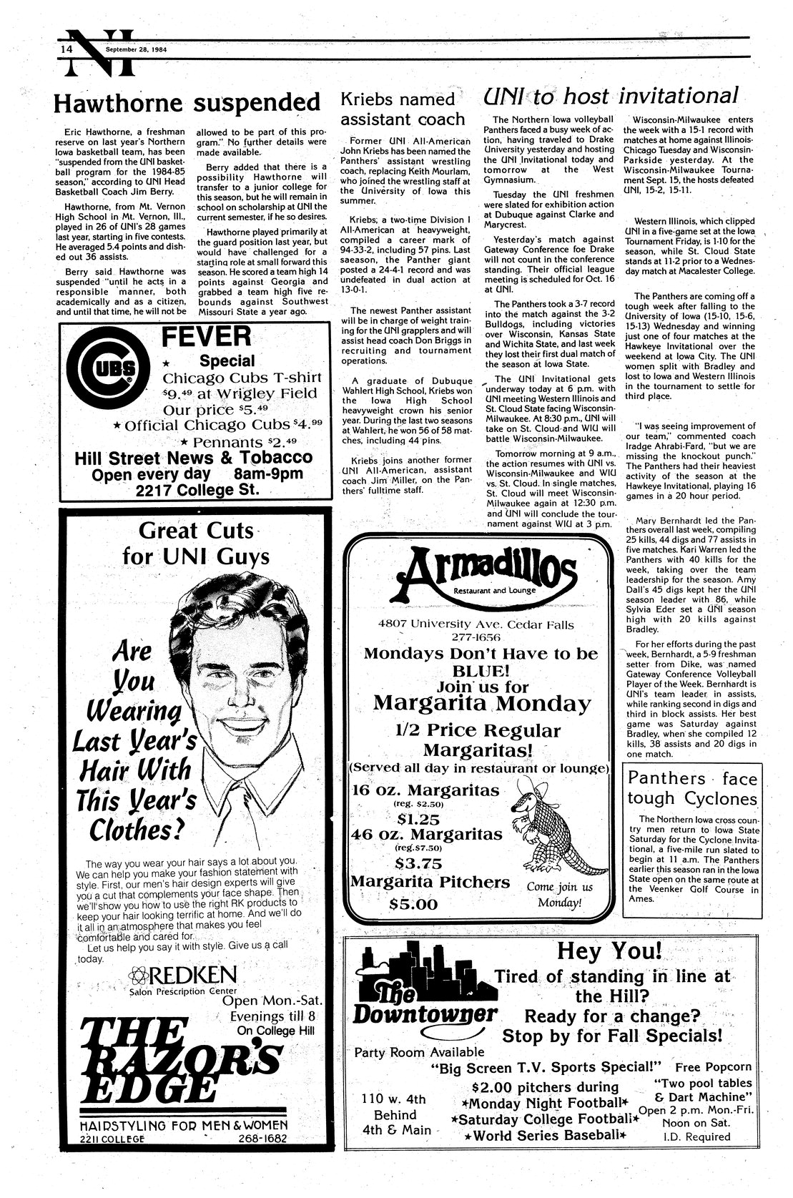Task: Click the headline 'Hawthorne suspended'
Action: pyautogui.click(x=186, y=103)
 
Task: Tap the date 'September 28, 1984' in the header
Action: pyautogui.click(x=140, y=49)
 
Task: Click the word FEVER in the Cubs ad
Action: pyautogui.click(x=206, y=335)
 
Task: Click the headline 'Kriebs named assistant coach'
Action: pyautogui.click(x=401, y=109)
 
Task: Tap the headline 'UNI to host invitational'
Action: pyautogui.click(x=609, y=95)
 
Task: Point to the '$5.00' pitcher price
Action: pyautogui.click(x=413, y=903)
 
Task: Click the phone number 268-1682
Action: pyautogui.click(x=263, y=1139)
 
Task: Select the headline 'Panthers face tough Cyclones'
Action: pyautogui.click(x=691, y=788)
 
